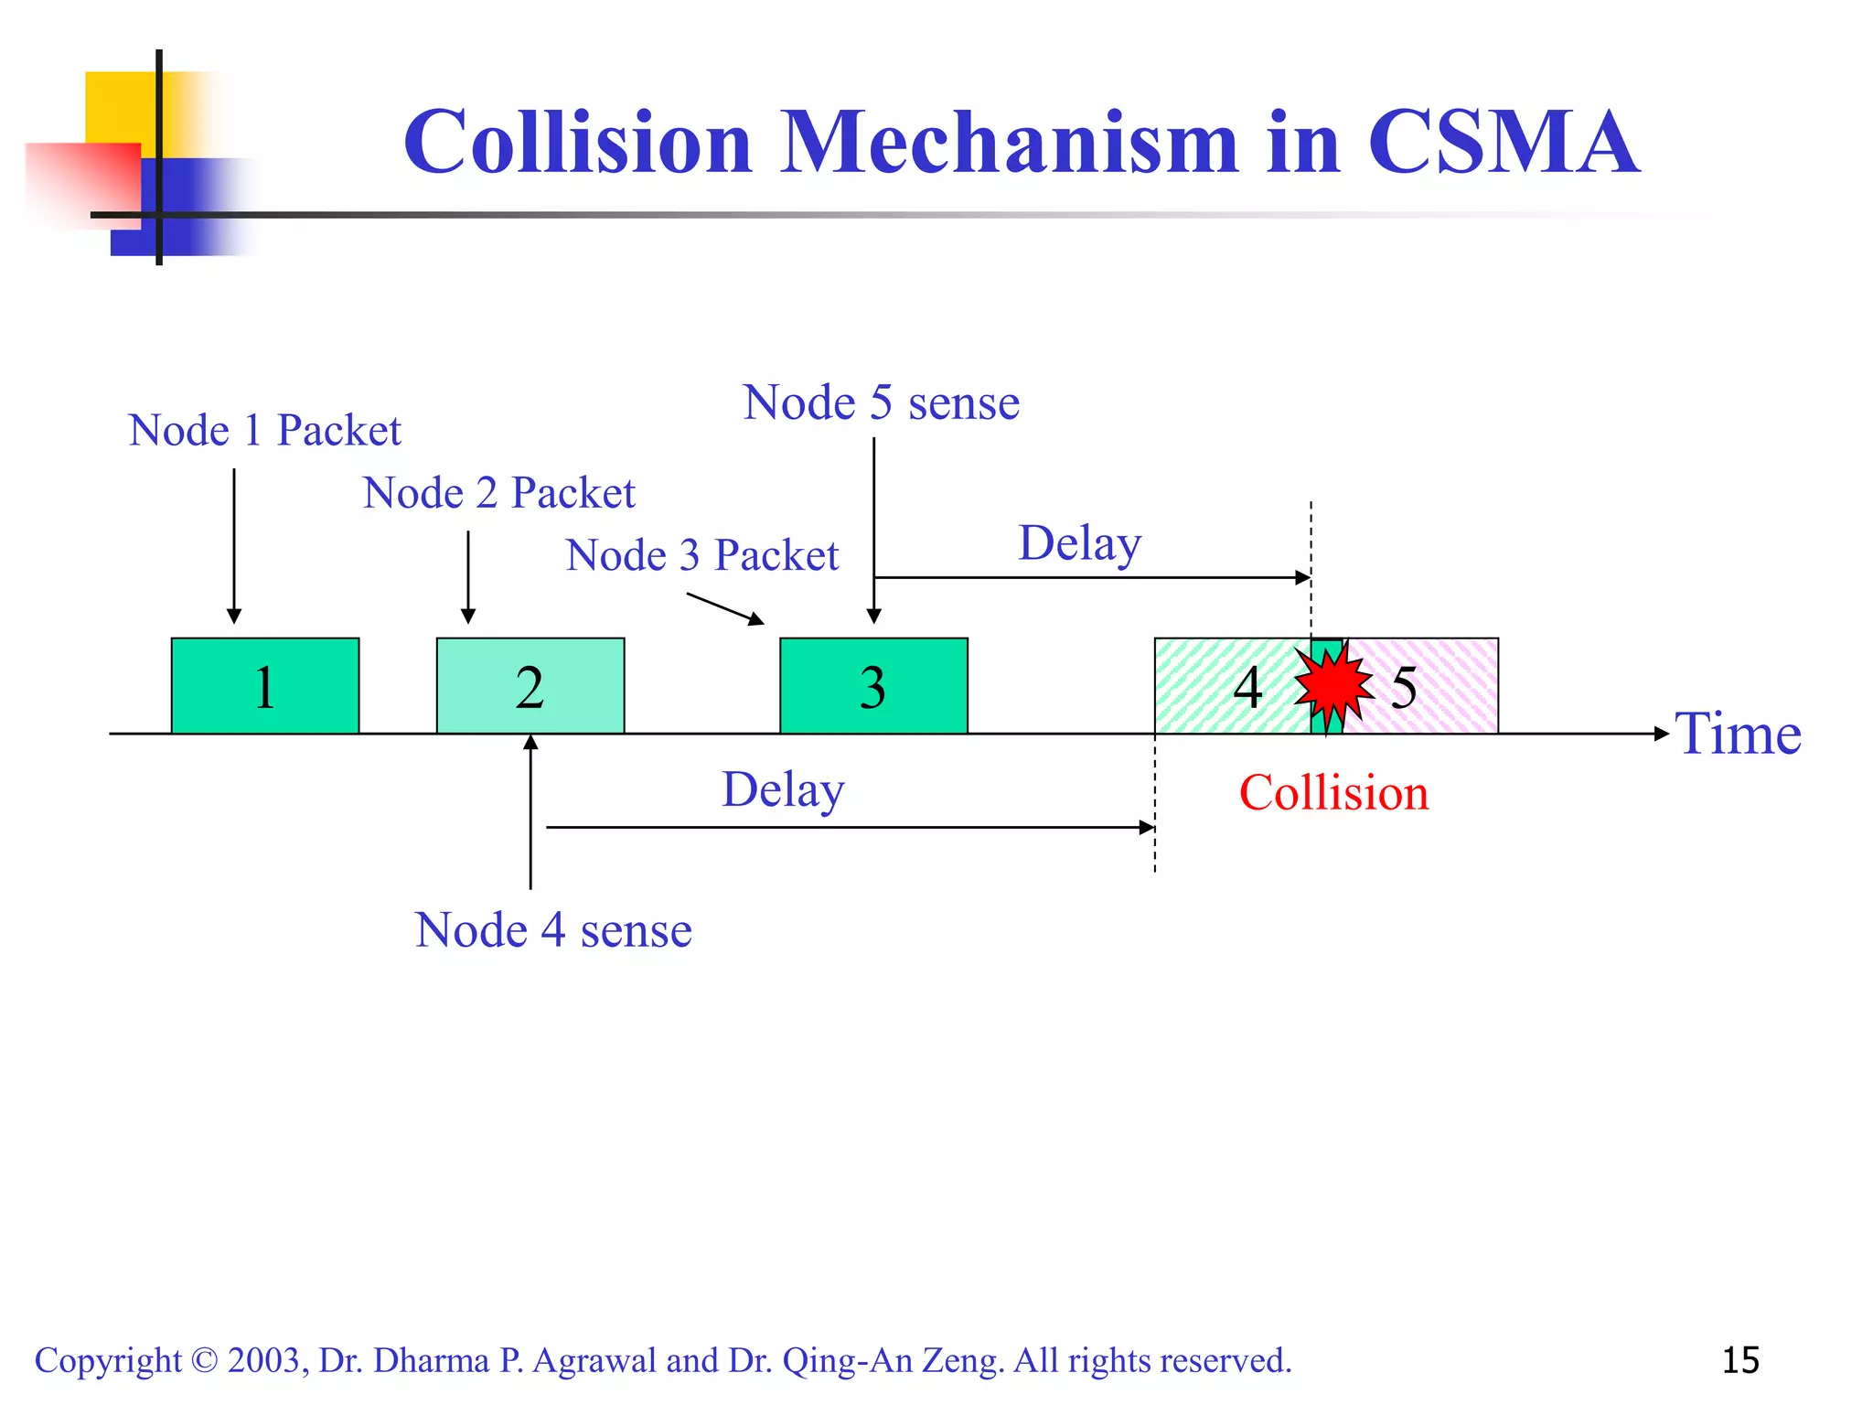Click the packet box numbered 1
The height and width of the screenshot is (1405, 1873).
point(265,685)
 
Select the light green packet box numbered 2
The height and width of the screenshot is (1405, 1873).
point(530,685)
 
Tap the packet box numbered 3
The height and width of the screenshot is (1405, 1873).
point(873,685)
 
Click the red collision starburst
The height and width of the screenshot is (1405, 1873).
point(1333,685)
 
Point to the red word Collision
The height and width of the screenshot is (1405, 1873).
point(1333,792)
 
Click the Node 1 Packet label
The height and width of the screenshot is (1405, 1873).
point(265,430)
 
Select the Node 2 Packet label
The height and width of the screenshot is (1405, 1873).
point(498,493)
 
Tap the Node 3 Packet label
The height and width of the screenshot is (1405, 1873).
point(702,555)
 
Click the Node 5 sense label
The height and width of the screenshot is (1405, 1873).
point(881,402)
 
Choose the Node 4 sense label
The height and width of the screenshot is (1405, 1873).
point(553,930)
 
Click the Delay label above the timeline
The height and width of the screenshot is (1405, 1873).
point(1080,543)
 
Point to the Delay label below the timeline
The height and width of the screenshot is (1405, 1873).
point(783,789)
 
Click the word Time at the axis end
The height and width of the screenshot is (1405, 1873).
point(1738,734)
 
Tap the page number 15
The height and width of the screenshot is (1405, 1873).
point(1740,1360)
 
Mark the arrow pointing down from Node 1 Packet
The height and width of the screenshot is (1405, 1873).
point(234,545)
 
